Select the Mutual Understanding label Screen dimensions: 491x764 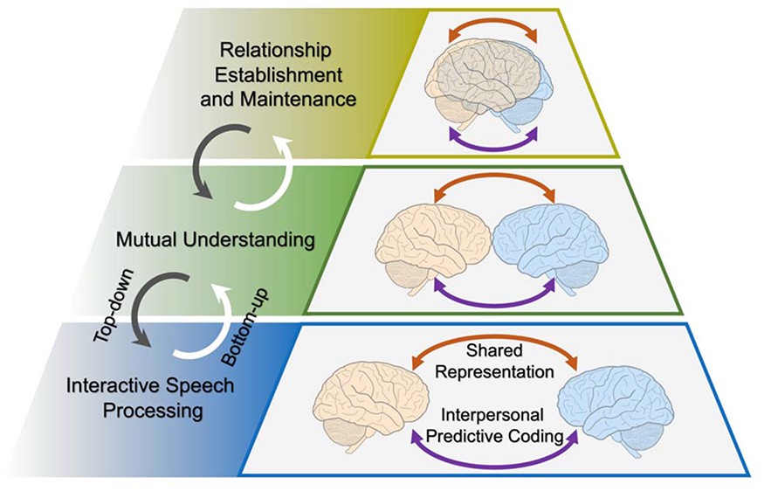click(x=215, y=239)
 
